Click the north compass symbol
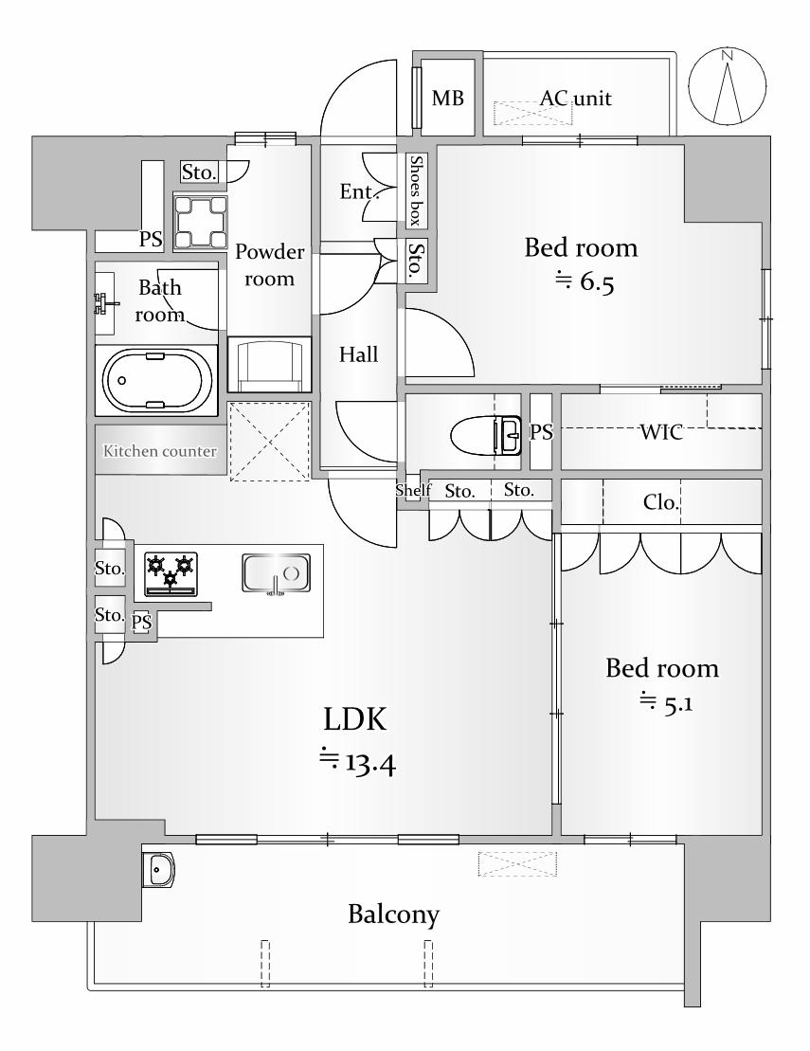(x=728, y=86)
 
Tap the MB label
(x=447, y=99)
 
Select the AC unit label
(x=575, y=99)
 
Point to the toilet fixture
(x=486, y=436)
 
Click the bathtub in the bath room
(x=157, y=381)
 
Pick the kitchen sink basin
(x=276, y=573)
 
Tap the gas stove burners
(x=171, y=574)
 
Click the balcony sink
(x=158, y=870)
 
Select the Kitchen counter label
(x=160, y=451)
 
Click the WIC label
(x=660, y=431)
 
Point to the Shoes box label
(x=416, y=190)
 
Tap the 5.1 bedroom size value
(x=666, y=703)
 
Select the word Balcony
(x=393, y=915)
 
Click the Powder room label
(x=269, y=264)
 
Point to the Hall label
(x=358, y=353)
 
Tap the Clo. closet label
(x=661, y=502)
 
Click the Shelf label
(x=413, y=491)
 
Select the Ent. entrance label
(x=359, y=191)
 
